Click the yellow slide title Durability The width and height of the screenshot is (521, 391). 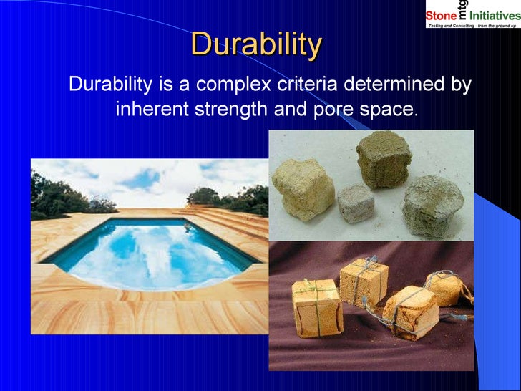(256, 44)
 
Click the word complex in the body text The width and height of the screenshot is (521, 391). (229, 85)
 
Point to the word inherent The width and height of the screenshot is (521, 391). (151, 110)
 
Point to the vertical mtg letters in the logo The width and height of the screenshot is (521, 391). (463, 9)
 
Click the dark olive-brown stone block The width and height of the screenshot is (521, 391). (384, 158)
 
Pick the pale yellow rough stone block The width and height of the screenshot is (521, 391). (303, 188)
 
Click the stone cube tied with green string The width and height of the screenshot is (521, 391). (316, 306)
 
